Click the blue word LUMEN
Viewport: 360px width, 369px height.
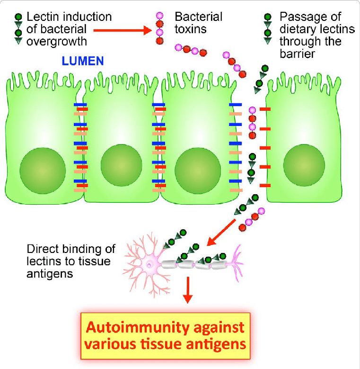click(82, 61)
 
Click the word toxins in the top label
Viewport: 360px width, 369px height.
click(191, 29)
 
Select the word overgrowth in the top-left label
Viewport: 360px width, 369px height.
click(57, 41)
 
